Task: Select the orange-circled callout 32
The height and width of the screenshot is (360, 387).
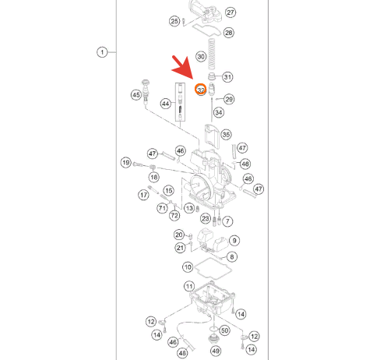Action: pyautogui.click(x=201, y=90)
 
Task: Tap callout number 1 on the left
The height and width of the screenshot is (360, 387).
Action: pyautogui.click(x=102, y=52)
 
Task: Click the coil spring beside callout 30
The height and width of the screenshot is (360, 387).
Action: pyautogui.click(x=212, y=54)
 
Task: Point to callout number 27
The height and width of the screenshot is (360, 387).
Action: pyautogui.click(x=230, y=12)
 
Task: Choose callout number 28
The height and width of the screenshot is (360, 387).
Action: pyautogui.click(x=228, y=33)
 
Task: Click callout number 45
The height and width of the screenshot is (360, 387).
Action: pyautogui.click(x=136, y=95)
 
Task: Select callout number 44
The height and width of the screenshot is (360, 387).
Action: pyautogui.click(x=166, y=104)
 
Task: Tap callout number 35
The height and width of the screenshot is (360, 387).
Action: pyautogui.click(x=226, y=135)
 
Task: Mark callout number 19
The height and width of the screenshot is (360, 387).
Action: pyautogui.click(x=126, y=163)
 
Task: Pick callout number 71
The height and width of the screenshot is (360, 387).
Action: pyautogui.click(x=162, y=208)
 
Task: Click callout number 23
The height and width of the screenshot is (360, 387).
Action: pyautogui.click(x=206, y=218)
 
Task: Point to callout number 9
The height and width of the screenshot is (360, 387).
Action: pyautogui.click(x=234, y=241)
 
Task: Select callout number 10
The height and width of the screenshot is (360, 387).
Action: pyautogui.click(x=188, y=267)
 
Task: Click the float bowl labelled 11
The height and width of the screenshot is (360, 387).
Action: pyautogui.click(x=213, y=298)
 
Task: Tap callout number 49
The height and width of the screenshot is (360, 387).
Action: pyautogui.click(x=216, y=351)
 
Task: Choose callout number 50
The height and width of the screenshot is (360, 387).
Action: pyautogui.click(x=224, y=330)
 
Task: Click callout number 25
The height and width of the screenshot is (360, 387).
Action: pyautogui.click(x=174, y=21)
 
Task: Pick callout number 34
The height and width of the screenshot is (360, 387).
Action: pyautogui.click(x=219, y=112)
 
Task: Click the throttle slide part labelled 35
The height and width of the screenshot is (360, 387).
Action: pyautogui.click(x=212, y=136)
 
